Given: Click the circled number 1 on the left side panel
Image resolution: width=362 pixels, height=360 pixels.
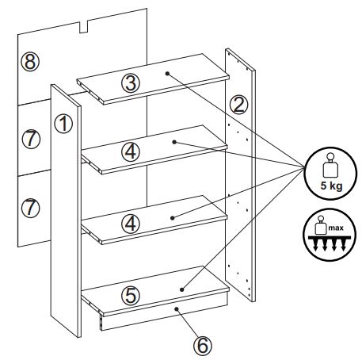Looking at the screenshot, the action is click(x=63, y=124).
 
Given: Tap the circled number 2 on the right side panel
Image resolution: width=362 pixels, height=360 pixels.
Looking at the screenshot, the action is click(x=239, y=105).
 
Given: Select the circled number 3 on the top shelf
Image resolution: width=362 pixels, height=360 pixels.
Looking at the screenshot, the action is click(x=131, y=83).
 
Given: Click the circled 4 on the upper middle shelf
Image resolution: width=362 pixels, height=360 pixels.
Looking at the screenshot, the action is click(x=131, y=152).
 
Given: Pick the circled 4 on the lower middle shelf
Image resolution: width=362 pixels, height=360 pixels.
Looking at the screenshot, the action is click(x=131, y=224).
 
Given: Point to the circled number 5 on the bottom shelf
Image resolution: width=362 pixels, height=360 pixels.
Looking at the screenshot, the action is click(x=131, y=295).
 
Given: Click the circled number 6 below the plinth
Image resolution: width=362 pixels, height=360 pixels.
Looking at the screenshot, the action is click(x=203, y=345).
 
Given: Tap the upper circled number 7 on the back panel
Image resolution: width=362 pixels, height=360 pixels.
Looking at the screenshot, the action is click(x=31, y=139).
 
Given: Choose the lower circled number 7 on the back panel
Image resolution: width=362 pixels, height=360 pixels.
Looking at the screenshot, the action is click(x=30, y=208).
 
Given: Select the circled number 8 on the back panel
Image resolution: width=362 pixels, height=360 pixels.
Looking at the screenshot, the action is click(x=30, y=62).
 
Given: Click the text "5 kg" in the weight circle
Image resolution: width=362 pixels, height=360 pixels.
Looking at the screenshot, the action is click(x=331, y=186).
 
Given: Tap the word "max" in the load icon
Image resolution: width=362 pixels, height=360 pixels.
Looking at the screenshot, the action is click(x=336, y=228).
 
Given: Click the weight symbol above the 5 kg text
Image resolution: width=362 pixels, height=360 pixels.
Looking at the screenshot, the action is click(x=330, y=166).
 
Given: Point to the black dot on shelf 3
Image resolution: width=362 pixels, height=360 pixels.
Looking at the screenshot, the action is click(x=167, y=74).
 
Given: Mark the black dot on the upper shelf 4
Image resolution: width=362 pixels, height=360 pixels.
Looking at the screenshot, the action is click(x=174, y=142).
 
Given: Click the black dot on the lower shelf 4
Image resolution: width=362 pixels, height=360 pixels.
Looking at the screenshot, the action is click(x=173, y=218).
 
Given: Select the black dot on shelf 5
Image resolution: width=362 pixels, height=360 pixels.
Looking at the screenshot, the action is click(x=181, y=289).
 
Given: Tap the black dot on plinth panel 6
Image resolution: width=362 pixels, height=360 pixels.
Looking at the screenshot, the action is click(x=177, y=308).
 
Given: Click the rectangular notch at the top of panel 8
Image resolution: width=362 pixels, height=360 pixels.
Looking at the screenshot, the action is click(x=84, y=27).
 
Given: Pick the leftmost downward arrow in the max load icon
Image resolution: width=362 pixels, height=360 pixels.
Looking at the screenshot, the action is click(x=316, y=245).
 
